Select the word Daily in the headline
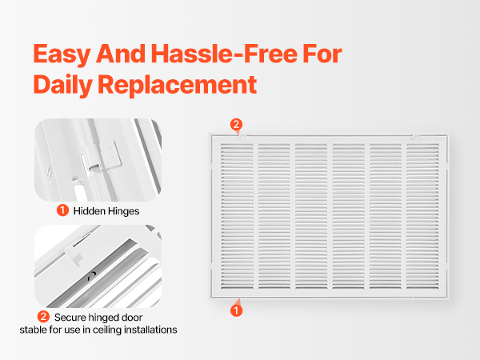[x=62, y=85]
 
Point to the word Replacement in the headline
[x=178, y=86]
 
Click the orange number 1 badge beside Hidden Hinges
[x=62, y=210]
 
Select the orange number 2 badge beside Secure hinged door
[x=43, y=317]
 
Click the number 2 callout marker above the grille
[x=236, y=125]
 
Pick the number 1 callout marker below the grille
[x=236, y=310]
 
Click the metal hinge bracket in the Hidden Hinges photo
[x=106, y=157]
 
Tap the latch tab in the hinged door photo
[x=74, y=255]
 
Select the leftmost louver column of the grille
[x=238, y=216]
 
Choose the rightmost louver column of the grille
[x=422, y=216]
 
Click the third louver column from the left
[x=311, y=216]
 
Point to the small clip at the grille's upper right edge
[x=415, y=136]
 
